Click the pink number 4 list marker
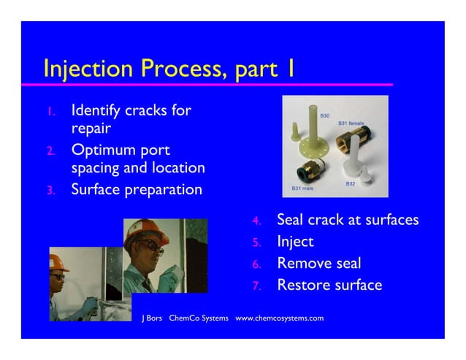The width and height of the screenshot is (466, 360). tap(256, 221)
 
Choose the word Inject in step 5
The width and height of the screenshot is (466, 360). tap(295, 242)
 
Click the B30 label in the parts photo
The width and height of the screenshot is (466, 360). tap(325, 115)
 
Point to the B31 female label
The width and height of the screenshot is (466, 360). tap(351, 123)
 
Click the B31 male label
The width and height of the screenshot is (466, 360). tap(303, 188)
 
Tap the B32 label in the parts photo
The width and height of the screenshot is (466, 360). tap(351, 183)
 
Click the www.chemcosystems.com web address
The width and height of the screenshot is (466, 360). tap(279, 318)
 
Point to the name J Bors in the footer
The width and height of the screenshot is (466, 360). tap(151, 318)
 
